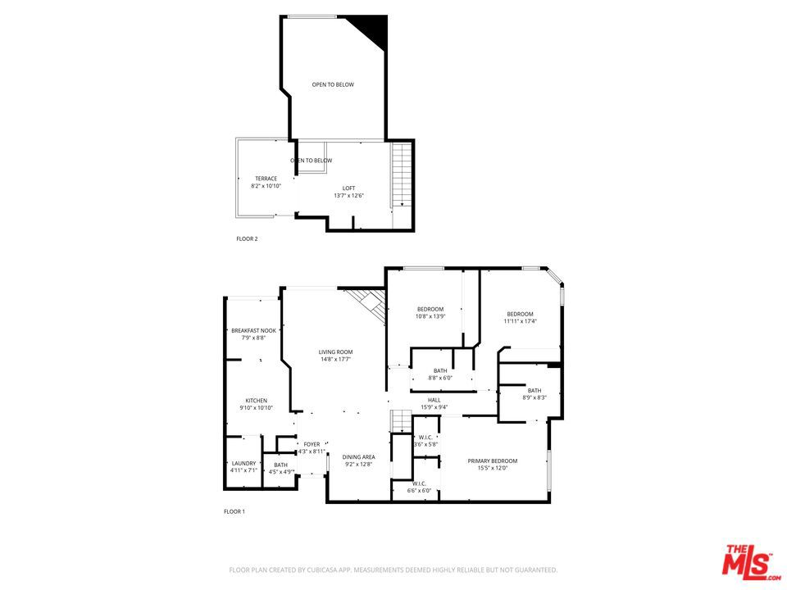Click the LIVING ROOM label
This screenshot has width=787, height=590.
[335, 352]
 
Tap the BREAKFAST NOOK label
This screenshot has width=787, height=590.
[253, 330]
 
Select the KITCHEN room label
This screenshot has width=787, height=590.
[256, 401]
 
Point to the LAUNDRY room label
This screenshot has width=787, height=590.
[244, 463]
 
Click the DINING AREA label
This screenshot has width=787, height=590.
[358, 456]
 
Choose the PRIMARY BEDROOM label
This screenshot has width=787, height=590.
[493, 461]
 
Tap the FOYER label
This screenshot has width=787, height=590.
[312, 444]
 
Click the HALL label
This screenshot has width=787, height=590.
[434, 400]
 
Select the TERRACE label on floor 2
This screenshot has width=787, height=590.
[266, 179]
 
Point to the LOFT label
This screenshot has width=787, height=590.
[348, 188]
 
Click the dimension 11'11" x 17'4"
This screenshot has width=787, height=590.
[520, 321]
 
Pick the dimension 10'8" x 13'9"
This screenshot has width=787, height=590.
[430, 316]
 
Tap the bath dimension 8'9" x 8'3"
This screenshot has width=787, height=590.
[535, 397]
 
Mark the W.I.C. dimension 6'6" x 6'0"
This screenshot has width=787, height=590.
[419, 491]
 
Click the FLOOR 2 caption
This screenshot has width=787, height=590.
[247, 239]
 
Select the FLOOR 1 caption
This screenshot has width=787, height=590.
[234, 511]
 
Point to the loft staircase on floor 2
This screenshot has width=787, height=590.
[400, 175]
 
